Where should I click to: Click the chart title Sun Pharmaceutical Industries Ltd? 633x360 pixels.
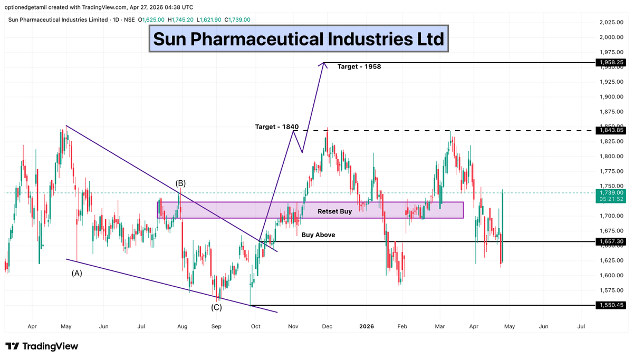tap(299, 38)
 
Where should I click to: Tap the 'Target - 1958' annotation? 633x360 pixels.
tap(359, 67)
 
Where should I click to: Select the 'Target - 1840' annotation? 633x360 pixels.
tap(277, 127)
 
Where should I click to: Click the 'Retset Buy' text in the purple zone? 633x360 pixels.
tap(334, 211)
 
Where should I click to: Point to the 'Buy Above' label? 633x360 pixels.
tap(318, 235)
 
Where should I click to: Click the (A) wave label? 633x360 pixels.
tap(77, 273)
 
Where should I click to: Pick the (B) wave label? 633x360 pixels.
tap(180, 183)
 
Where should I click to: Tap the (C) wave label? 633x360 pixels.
tap(216, 307)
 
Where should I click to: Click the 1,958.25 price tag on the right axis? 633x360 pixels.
tap(611, 62)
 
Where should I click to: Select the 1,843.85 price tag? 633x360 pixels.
tap(611, 130)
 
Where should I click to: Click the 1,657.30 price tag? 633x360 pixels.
tap(611, 241)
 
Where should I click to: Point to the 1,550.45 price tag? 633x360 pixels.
tap(611, 305)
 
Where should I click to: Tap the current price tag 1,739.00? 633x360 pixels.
tap(611, 193)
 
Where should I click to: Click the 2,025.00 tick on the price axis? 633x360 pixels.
tap(611, 22)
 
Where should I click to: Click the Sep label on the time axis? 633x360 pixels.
tap(216, 327)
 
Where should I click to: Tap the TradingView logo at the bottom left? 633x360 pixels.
tap(43, 346)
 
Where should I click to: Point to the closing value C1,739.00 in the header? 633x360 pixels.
tap(237, 20)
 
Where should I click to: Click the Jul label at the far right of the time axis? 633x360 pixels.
tap(581, 327)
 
